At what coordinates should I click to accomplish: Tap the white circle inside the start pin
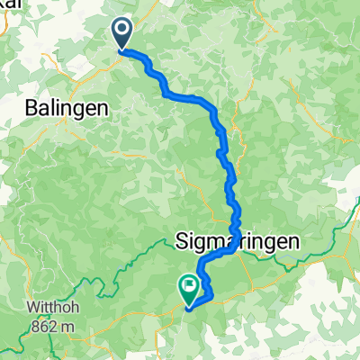click(x=122, y=31)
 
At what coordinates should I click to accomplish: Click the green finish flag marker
click(x=190, y=290)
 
